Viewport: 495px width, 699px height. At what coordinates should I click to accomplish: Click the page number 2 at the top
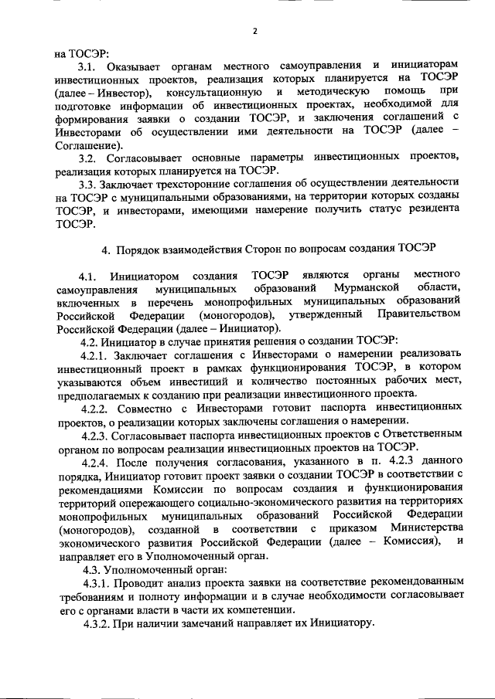pos(254,31)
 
